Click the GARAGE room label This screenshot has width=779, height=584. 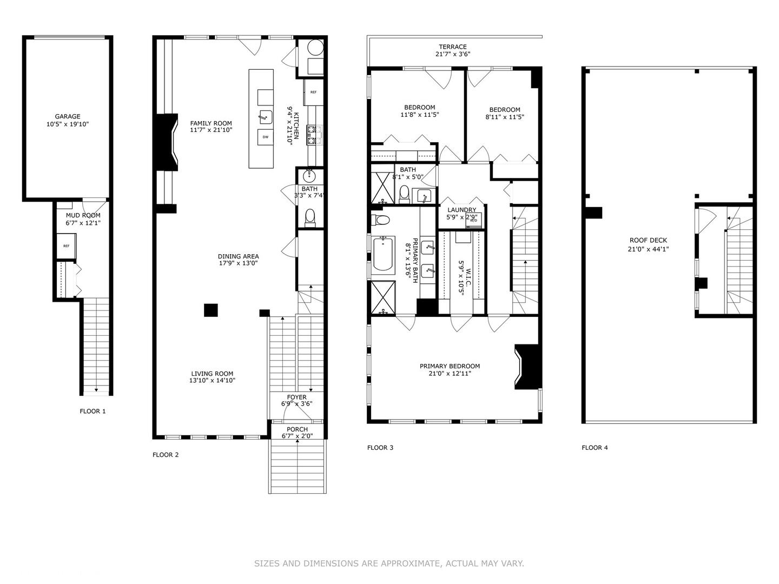(x=68, y=116)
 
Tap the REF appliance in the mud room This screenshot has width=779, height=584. (x=67, y=246)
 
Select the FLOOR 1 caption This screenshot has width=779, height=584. (x=93, y=412)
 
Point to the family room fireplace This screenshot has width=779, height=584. (x=167, y=143)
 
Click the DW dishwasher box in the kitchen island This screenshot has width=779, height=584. (x=265, y=137)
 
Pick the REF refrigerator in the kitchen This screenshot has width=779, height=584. (x=313, y=92)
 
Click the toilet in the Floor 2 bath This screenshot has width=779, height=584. (x=310, y=217)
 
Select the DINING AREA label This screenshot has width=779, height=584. (x=238, y=256)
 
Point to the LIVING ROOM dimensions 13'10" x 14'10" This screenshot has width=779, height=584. (x=212, y=381)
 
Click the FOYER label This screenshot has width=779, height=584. (x=296, y=397)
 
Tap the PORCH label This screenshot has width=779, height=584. (x=297, y=429)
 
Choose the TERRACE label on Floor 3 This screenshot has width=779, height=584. (x=453, y=47)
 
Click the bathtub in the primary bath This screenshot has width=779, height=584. (x=384, y=253)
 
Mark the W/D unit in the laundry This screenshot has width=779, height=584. (x=473, y=220)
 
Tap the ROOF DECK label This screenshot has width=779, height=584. (x=648, y=241)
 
